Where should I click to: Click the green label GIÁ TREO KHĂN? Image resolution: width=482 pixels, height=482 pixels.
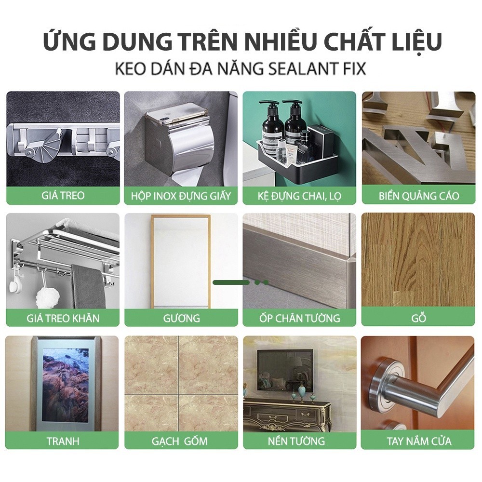click(63, 318)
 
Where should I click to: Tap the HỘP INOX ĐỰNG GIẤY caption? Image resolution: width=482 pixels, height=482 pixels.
click(181, 196)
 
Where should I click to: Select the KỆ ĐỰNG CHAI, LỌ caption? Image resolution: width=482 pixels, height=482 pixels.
click(299, 196)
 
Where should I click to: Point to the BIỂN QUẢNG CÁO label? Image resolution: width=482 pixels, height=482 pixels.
click(419, 196)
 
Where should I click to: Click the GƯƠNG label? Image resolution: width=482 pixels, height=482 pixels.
click(181, 318)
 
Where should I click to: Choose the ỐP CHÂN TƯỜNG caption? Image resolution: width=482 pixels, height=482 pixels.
click(300, 318)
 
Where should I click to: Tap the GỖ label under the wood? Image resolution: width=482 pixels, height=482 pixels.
click(419, 318)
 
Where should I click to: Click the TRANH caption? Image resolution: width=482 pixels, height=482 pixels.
click(63, 441)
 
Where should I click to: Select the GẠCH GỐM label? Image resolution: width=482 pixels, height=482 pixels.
click(179, 442)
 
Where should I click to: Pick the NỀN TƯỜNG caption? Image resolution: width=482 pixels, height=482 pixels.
click(296, 441)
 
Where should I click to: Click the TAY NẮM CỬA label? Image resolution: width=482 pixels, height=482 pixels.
click(419, 441)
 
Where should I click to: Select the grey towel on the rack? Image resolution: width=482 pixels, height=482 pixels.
click(89, 287)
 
